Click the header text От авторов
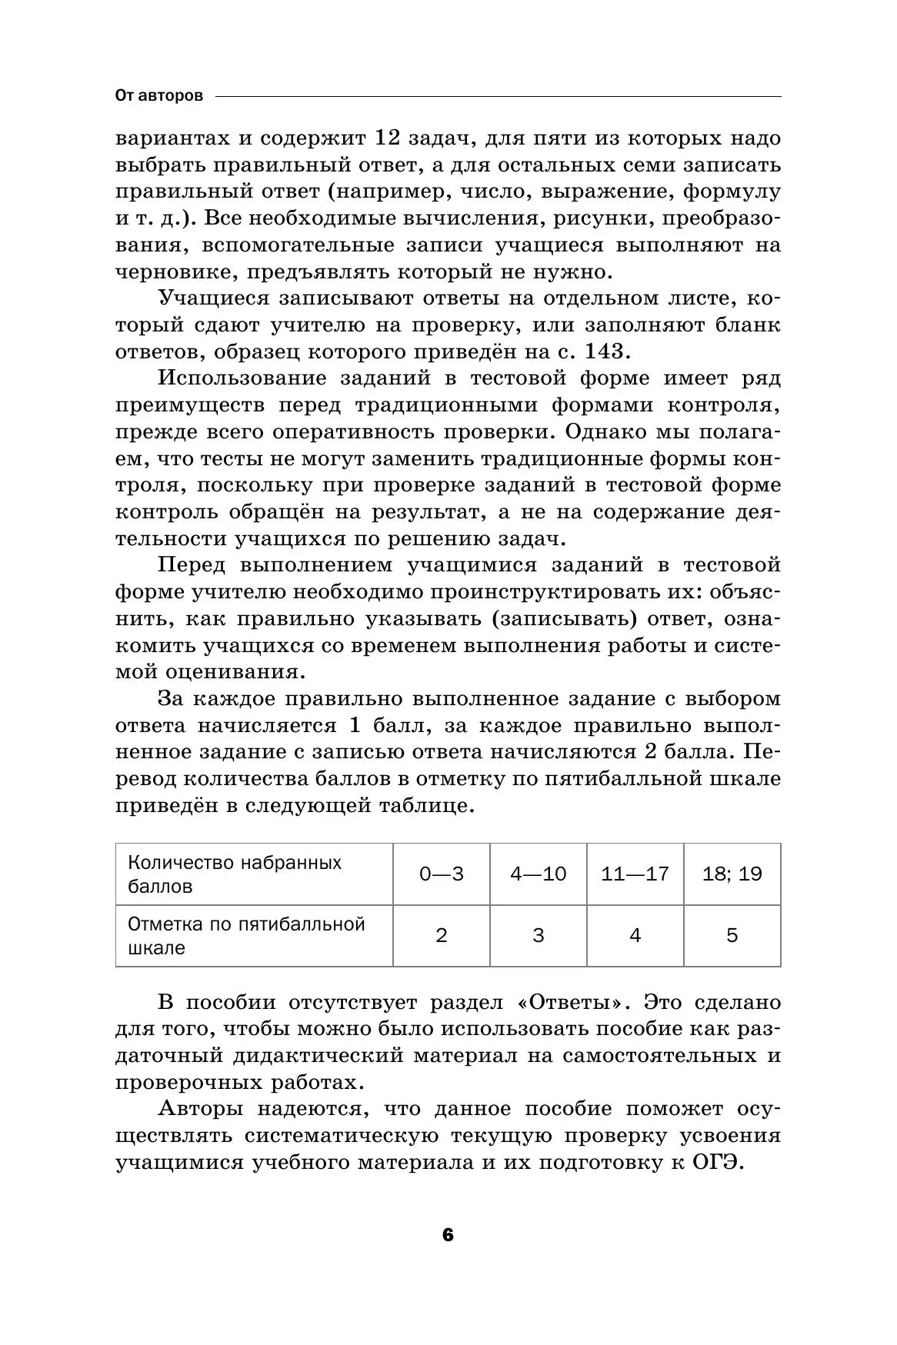[x=159, y=96]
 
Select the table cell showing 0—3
[x=442, y=874]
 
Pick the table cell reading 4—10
[x=539, y=874]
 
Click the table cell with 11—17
[x=635, y=874]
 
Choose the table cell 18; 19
[x=732, y=874]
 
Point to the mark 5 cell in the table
[x=732, y=935]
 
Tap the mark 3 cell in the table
[x=539, y=935]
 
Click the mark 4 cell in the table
[x=635, y=935]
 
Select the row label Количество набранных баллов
[x=235, y=874]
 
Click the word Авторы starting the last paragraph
[x=201, y=1109]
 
